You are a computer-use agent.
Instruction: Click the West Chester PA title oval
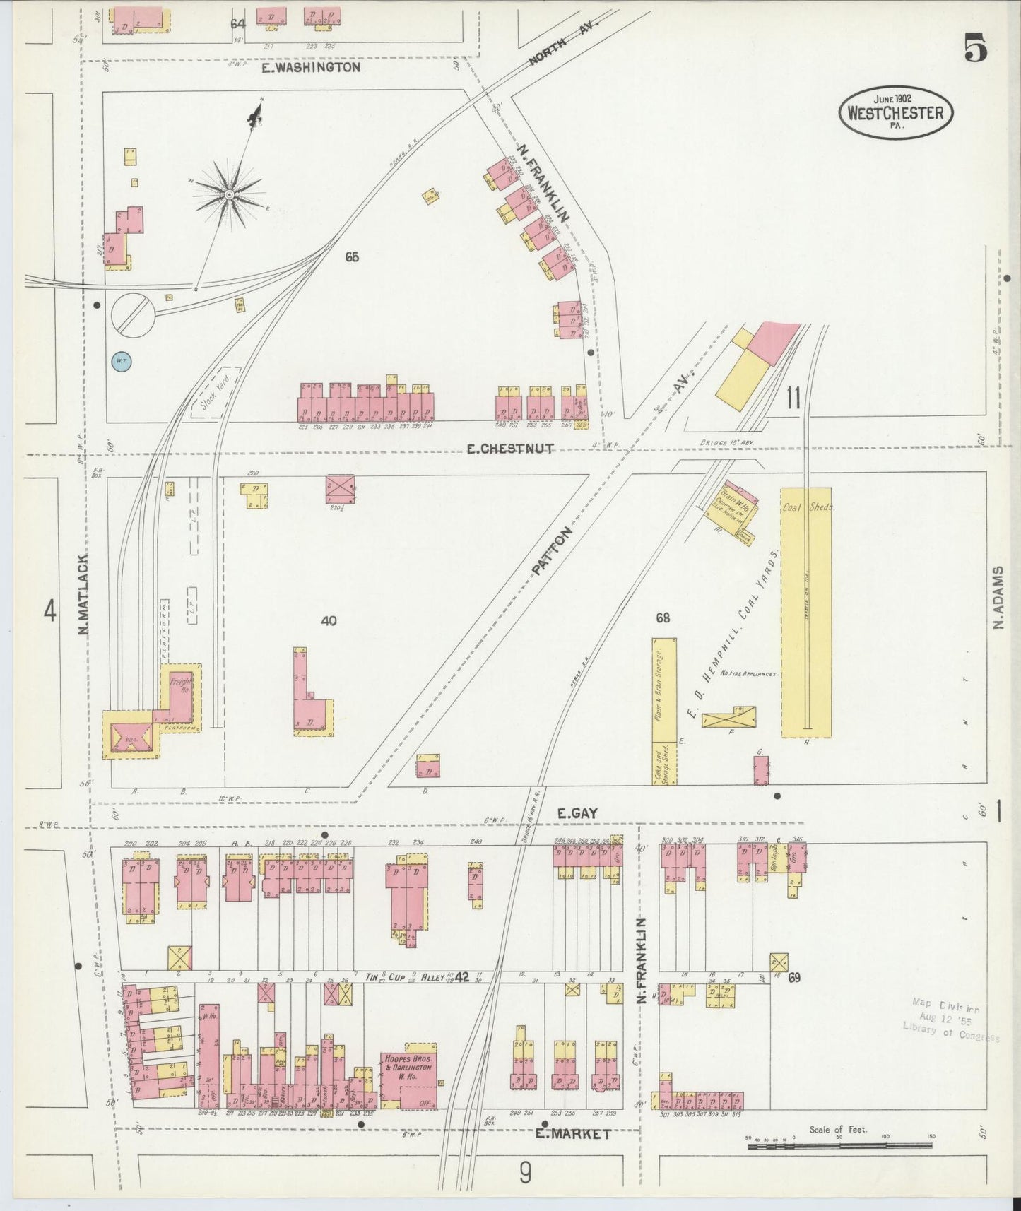coord(896,112)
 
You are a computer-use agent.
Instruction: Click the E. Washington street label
coord(311,68)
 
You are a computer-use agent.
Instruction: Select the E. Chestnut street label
coord(509,449)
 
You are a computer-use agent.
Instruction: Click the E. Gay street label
coord(577,813)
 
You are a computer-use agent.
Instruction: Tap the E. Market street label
coord(572,1134)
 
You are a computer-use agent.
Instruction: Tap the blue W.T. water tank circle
coord(122,362)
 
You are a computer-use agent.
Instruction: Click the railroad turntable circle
coord(133,313)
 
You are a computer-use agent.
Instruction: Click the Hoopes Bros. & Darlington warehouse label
coord(408,1064)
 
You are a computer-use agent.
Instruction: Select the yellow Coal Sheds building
coord(805,611)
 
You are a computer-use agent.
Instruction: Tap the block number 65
coord(352,257)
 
